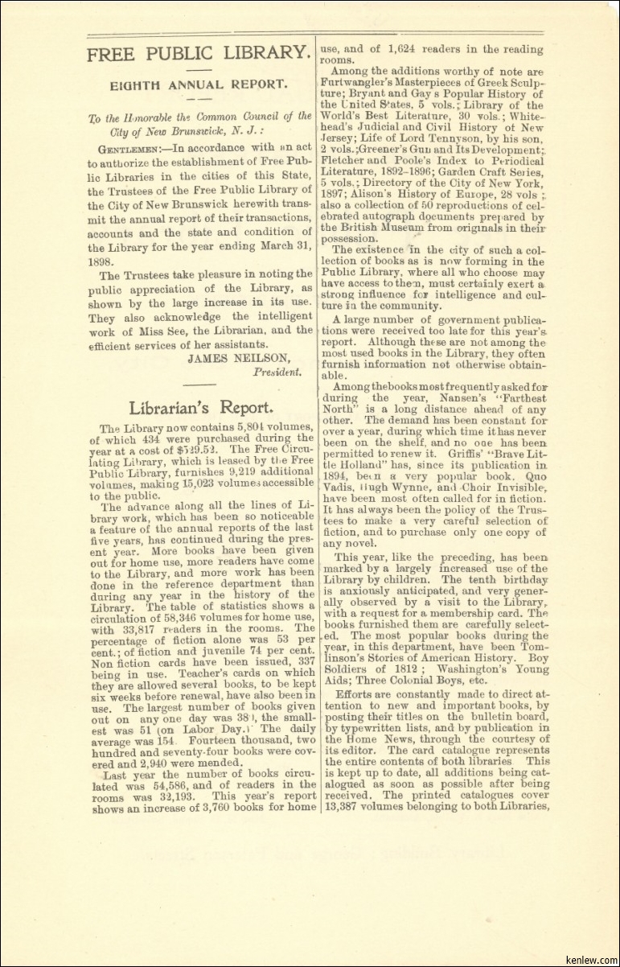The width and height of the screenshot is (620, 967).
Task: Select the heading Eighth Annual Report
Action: tap(199, 83)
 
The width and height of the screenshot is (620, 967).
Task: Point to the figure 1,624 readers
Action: tap(408, 49)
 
